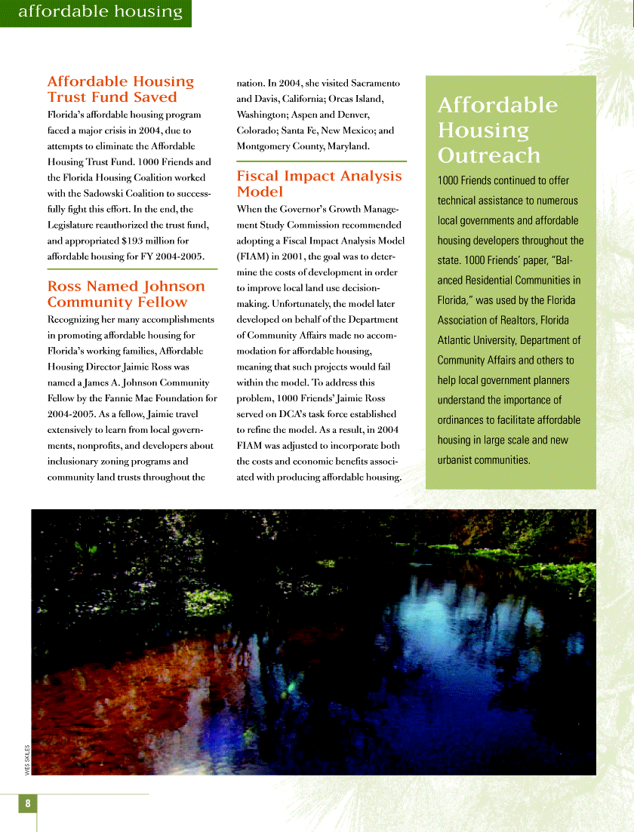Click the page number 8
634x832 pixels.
(27, 803)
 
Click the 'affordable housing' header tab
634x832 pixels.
(100, 11)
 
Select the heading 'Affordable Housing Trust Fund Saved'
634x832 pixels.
(121, 89)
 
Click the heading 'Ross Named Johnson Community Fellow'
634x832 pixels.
(126, 294)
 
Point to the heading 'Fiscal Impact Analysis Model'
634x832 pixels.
(319, 183)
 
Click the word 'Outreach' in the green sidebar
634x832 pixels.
(489, 155)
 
